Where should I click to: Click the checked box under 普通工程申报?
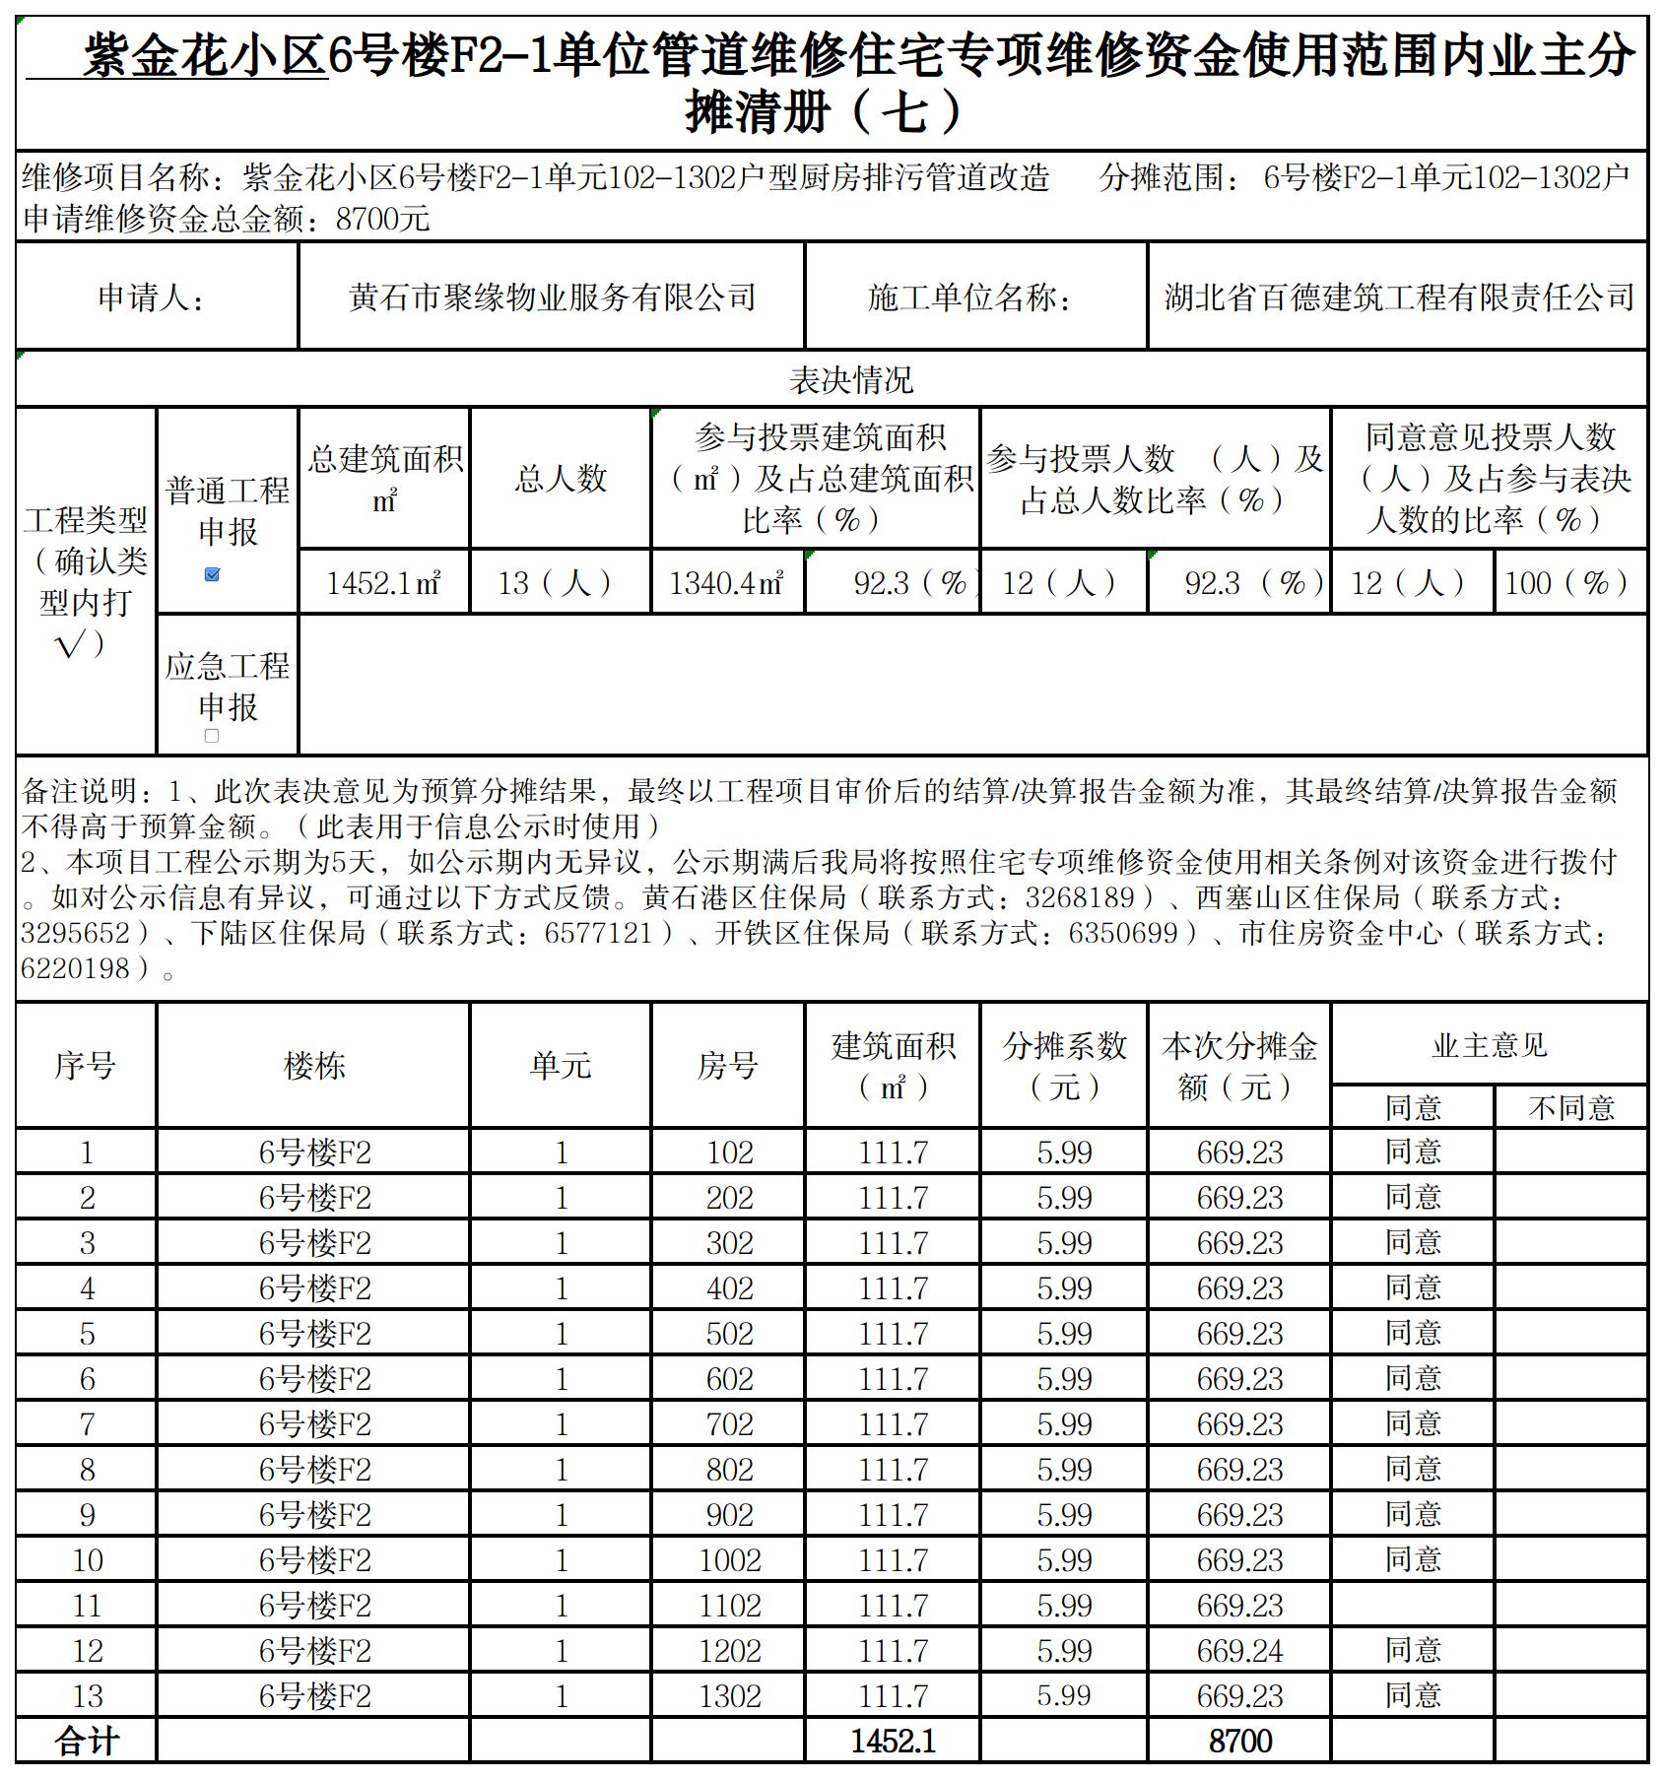click(212, 574)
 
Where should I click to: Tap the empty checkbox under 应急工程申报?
click(212, 736)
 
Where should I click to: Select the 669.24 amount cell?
click(1239, 1651)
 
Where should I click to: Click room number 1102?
click(729, 1606)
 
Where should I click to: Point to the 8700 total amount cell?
click(1239, 1742)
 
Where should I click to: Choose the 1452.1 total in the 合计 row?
click(893, 1742)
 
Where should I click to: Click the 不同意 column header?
click(1571, 1108)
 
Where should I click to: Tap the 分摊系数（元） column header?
click(1064, 1066)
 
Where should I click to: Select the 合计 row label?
click(87, 1742)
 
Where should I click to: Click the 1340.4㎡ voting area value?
click(727, 583)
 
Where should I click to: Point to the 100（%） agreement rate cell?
click(1570, 583)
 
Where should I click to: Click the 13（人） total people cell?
click(560, 583)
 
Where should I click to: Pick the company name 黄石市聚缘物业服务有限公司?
click(552, 296)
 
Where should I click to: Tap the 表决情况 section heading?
click(851, 380)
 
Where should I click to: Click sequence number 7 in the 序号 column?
click(87, 1424)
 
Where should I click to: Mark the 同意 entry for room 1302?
click(1413, 1696)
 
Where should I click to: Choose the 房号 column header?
click(727, 1066)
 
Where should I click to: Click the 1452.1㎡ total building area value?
click(383, 583)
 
